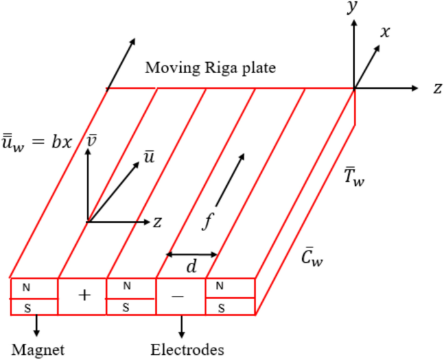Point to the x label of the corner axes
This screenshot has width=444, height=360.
click(x=385, y=31)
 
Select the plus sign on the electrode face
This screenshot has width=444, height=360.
click(x=83, y=296)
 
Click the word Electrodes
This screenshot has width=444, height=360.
click(x=187, y=350)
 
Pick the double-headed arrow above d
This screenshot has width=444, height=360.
click(x=192, y=254)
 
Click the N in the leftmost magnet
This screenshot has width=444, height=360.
click(x=27, y=287)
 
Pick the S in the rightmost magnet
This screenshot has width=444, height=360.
click(x=221, y=308)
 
